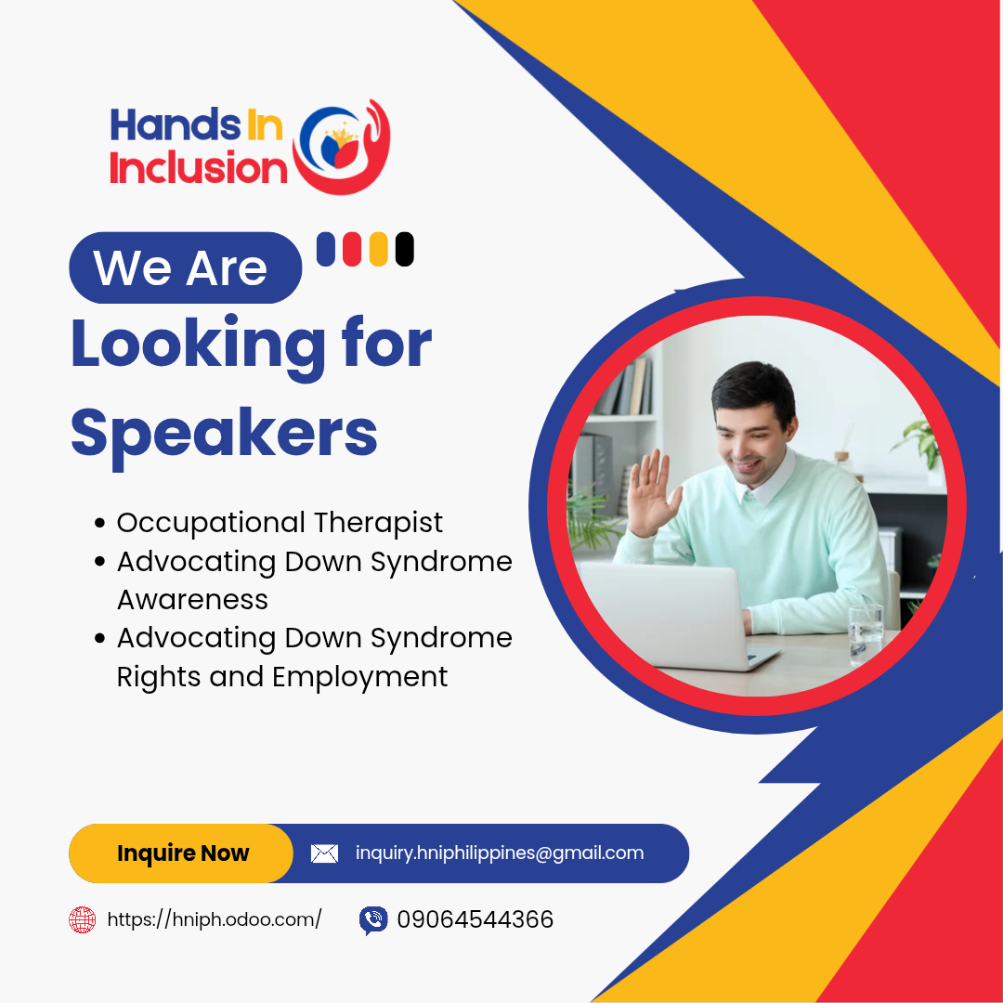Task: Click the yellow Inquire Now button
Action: point(181,853)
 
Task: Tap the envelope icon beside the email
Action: point(324,853)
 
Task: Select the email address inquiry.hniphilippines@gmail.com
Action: point(500,853)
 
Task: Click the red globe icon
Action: point(82,919)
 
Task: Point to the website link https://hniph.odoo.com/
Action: point(215,919)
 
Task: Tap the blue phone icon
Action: point(373,920)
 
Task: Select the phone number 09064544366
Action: point(475,919)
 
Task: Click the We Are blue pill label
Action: point(186,267)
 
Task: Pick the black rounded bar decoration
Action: point(404,249)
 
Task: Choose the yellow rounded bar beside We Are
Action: point(379,249)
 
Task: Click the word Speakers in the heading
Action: point(224,435)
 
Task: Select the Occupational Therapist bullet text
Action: point(280,523)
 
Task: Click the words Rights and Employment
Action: point(282,677)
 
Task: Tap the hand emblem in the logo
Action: point(342,147)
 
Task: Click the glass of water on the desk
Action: point(866,634)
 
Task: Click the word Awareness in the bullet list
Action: point(192,600)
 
